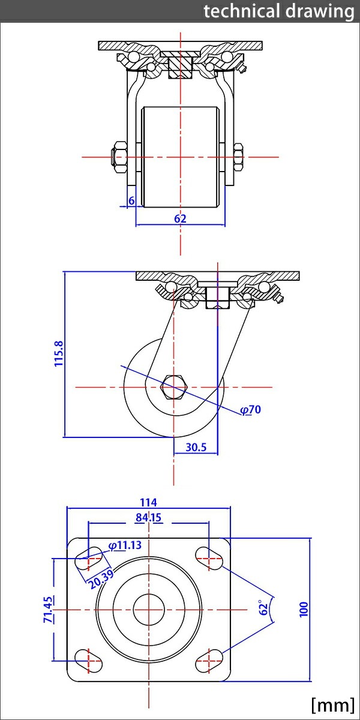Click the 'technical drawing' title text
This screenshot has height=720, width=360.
(278, 11)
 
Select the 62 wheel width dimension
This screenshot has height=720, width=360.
(180, 218)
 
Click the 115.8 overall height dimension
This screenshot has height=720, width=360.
(59, 355)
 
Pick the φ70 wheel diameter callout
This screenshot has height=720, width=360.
(251, 410)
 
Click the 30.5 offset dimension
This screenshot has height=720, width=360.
(196, 447)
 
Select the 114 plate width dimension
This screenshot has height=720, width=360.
(148, 502)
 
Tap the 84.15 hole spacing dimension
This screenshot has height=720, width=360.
(149, 517)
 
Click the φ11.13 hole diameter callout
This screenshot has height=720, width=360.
(125, 545)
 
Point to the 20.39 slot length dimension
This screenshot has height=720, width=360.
(101, 579)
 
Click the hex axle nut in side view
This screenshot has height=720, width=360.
(175, 387)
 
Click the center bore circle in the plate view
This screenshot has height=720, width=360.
(148, 610)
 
